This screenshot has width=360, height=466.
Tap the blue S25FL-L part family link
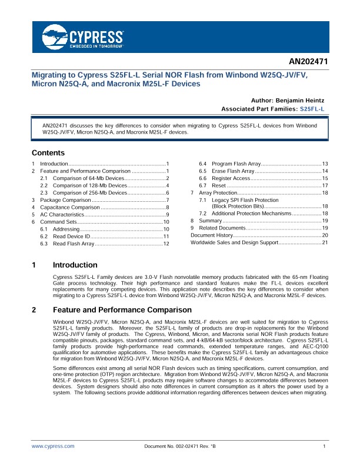click(x=312, y=109)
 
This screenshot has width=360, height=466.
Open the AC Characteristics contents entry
click(x=64, y=215)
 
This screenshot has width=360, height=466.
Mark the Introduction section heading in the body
click(x=75, y=265)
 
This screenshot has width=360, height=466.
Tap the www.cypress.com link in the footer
click(x=53, y=447)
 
